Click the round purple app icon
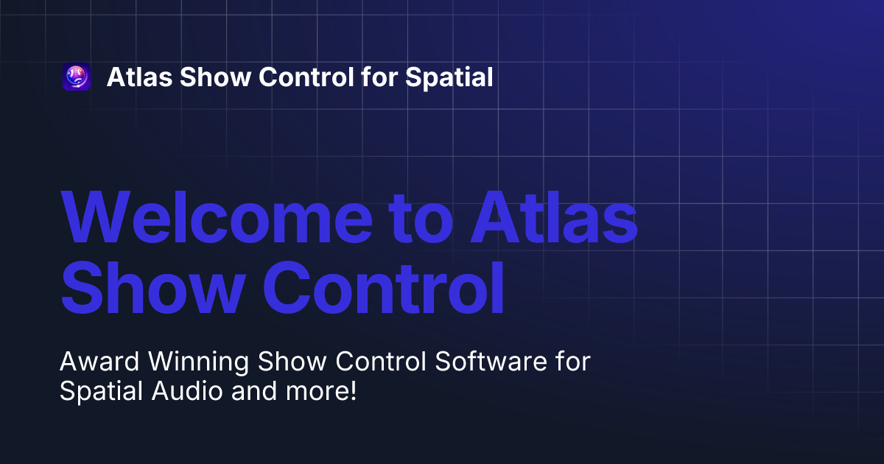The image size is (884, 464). [x=77, y=77]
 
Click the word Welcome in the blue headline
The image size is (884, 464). [x=217, y=218]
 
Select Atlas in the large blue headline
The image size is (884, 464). [x=554, y=217]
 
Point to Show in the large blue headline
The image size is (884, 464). [x=153, y=287]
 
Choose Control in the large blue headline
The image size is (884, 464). [x=384, y=287]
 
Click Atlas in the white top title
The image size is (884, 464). [x=140, y=77]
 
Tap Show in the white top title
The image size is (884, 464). [x=215, y=77]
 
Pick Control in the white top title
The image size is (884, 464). [x=306, y=77]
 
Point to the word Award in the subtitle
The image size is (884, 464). [x=99, y=362]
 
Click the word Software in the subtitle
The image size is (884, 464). [x=491, y=362]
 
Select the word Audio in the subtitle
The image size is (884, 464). [x=187, y=391]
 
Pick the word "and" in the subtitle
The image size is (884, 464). [x=254, y=391]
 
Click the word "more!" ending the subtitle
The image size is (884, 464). [x=321, y=391]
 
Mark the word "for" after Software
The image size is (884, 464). [x=573, y=362]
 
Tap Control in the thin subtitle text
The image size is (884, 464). [x=381, y=362]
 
